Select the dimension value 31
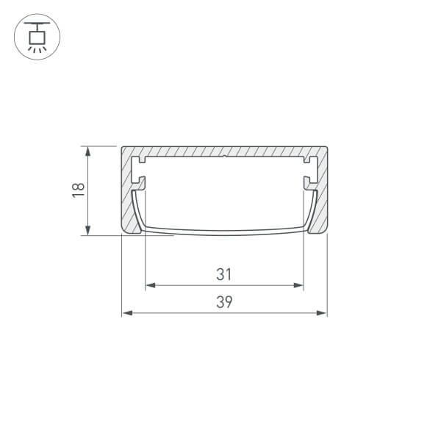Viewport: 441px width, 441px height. tap(224, 274)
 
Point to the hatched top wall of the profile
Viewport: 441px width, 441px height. tap(191, 151)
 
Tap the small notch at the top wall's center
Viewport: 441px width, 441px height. tap(223, 157)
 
